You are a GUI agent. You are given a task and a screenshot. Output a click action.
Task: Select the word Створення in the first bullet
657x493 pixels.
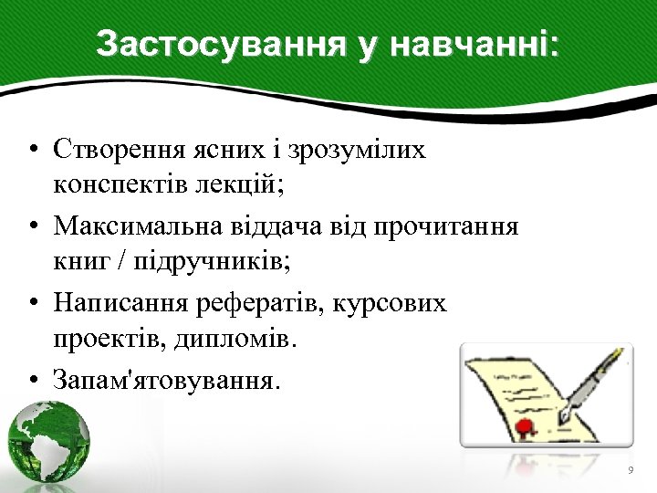[x=116, y=148]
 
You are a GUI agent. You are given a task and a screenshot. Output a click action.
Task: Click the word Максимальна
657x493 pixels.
[x=135, y=225]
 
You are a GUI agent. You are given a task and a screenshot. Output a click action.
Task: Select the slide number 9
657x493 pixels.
[x=630, y=470]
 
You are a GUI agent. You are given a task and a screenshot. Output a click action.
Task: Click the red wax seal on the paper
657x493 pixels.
[x=524, y=426]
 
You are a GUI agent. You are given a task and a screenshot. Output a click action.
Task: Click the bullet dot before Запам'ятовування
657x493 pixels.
[x=32, y=379]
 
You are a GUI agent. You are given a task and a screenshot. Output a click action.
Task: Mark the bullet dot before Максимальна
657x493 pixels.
[x=32, y=226]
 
